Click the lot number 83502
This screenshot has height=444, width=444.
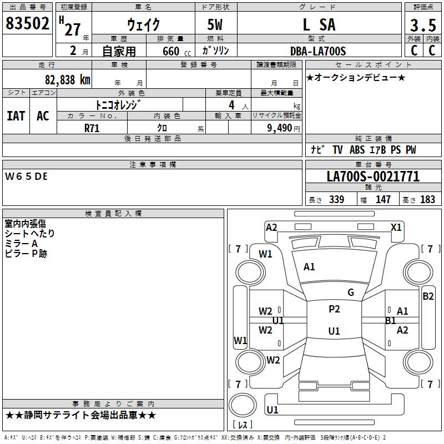[28, 25]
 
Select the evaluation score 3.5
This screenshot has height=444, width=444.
[422, 26]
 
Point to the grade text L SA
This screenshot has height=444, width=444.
[319, 26]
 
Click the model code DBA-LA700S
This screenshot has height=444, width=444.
[317, 51]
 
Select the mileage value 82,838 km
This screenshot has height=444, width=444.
[67, 79]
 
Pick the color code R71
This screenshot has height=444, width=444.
[92, 127]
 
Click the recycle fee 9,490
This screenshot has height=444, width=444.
[279, 128]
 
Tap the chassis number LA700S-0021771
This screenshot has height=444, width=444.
[372, 177]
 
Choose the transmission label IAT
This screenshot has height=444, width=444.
[16, 115]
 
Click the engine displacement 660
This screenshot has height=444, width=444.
[170, 52]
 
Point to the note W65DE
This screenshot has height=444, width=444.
[26, 176]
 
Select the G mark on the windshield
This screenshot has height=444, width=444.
[350, 292]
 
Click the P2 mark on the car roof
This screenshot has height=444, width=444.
[334, 309]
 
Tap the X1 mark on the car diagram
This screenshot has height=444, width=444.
[396, 227]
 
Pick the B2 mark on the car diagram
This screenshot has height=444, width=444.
[428, 296]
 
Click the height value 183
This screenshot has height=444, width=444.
[427, 200]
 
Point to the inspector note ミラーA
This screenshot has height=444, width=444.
[21, 244]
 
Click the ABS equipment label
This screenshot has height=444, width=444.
[357, 150]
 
